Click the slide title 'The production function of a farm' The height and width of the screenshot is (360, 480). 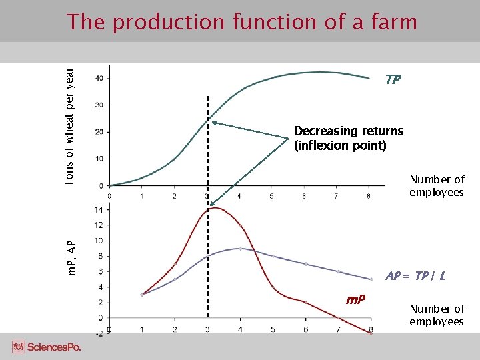tap(241, 22)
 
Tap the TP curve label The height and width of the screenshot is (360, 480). tap(393, 80)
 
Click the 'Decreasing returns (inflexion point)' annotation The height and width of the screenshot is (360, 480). tap(348, 138)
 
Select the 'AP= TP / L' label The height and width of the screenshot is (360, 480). tap(416, 275)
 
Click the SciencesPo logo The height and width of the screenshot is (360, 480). tap(46, 347)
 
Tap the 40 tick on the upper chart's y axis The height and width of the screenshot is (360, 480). tap(99, 79)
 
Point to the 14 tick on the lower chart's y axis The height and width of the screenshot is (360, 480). tap(99, 209)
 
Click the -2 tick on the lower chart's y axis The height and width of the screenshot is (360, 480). tap(99, 333)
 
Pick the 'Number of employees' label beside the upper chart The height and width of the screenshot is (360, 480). tap(437, 186)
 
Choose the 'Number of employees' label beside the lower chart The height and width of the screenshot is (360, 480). tap(437, 315)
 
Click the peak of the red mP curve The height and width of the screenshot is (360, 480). tap(215, 208)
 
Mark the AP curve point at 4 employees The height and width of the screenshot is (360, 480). tap(240, 248)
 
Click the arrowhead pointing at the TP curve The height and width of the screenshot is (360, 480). tap(215, 122)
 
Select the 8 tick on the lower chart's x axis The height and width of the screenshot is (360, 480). tap(370, 329)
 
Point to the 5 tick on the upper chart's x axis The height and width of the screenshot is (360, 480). tap(272, 196)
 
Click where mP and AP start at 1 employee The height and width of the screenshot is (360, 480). tap(142, 294)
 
